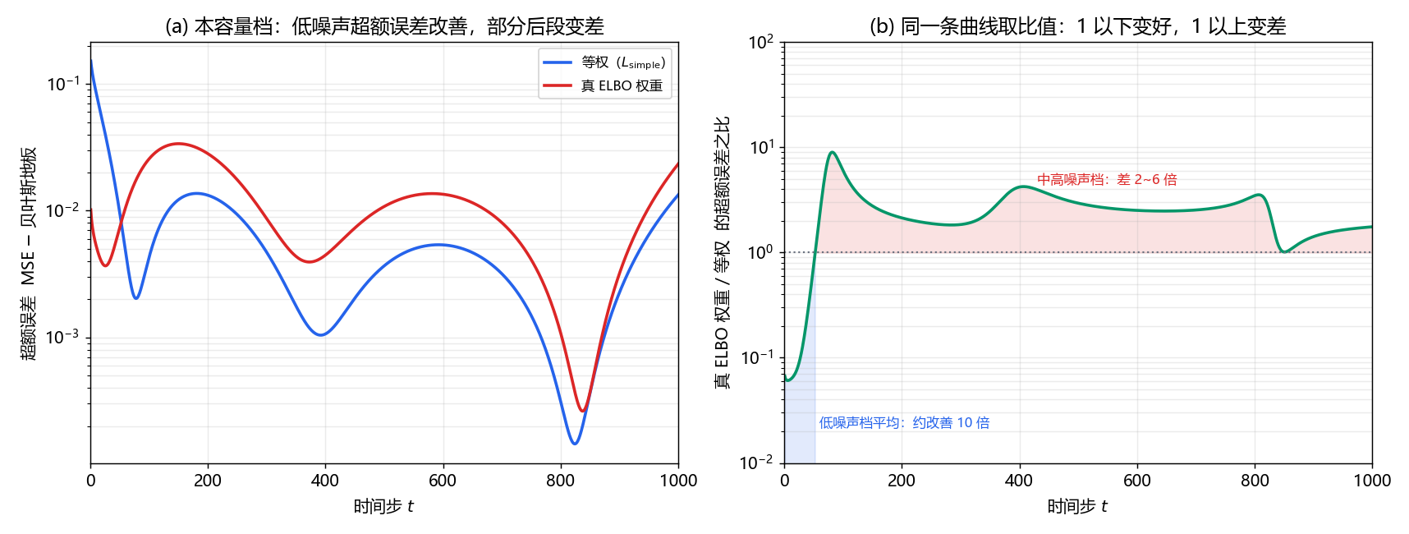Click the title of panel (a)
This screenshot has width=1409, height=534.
(384, 26)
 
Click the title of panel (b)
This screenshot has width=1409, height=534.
(1077, 26)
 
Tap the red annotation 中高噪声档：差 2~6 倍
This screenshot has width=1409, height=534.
(1107, 179)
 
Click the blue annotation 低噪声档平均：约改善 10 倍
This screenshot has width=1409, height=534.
(904, 422)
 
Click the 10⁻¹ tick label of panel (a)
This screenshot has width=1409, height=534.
(63, 84)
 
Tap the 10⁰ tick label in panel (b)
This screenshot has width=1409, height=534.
(761, 252)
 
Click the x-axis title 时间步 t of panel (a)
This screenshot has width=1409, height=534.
(384, 506)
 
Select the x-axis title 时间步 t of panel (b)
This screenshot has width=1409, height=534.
(1077, 506)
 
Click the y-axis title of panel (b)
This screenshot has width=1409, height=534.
(722, 252)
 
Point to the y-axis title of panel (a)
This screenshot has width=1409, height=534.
(28, 253)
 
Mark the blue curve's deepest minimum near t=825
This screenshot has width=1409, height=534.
(575, 444)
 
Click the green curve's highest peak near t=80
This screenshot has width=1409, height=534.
(833, 152)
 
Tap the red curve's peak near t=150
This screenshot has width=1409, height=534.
(178, 144)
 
